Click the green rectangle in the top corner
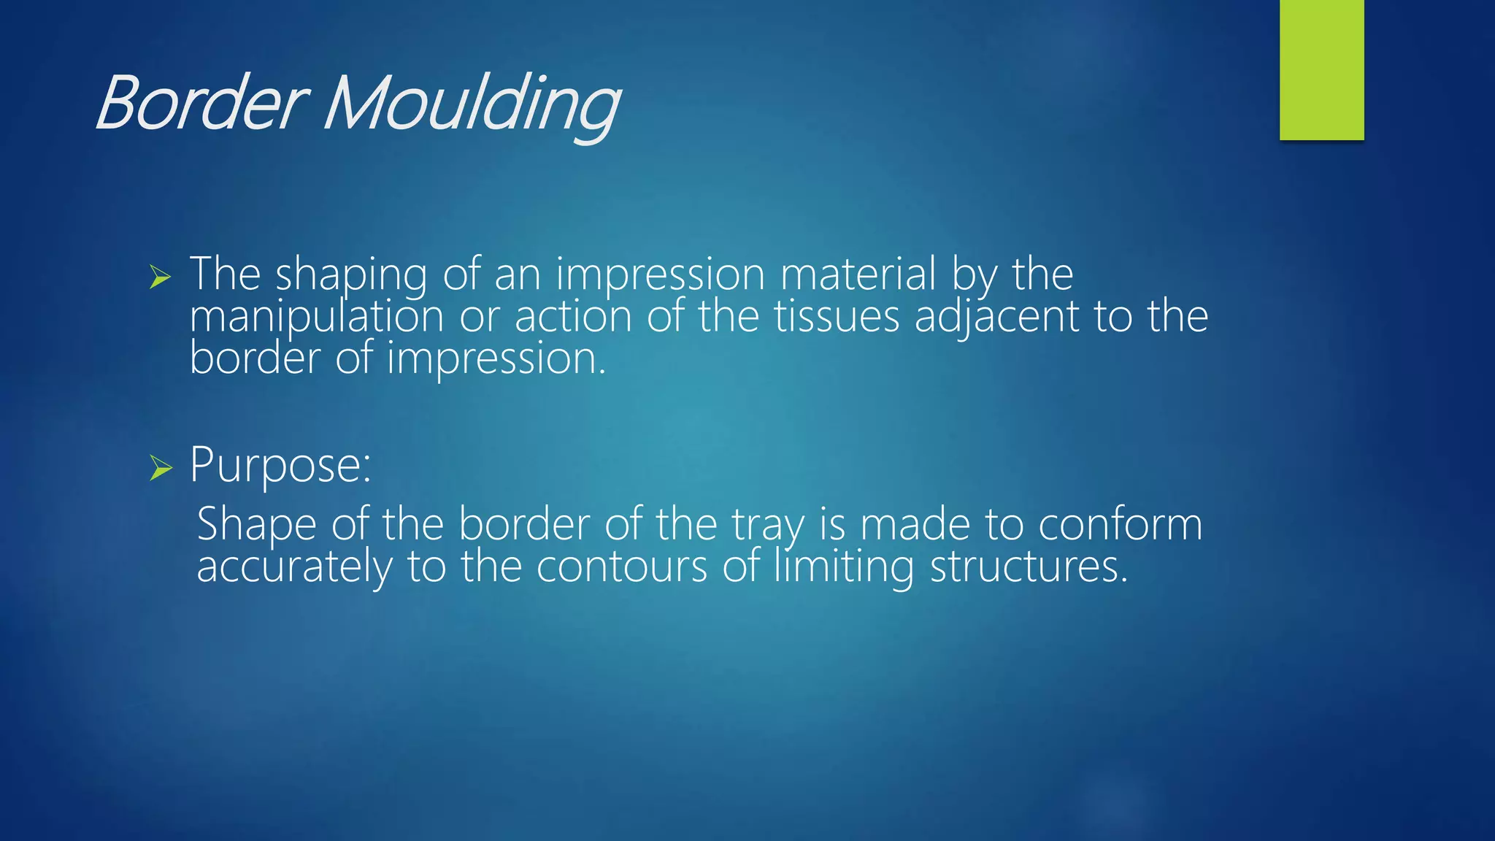[x=1321, y=69]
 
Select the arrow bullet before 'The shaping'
[x=160, y=277]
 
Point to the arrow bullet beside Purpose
[x=160, y=467]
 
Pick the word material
[x=858, y=274]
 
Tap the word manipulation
[x=316, y=318]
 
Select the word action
[x=573, y=318]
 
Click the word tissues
[x=837, y=318]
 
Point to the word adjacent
[x=996, y=318]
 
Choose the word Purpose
[x=280, y=465]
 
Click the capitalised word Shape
[x=256, y=525]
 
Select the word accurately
[x=294, y=567]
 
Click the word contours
[x=622, y=567]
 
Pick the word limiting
[x=843, y=567]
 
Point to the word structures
[x=1029, y=567]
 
